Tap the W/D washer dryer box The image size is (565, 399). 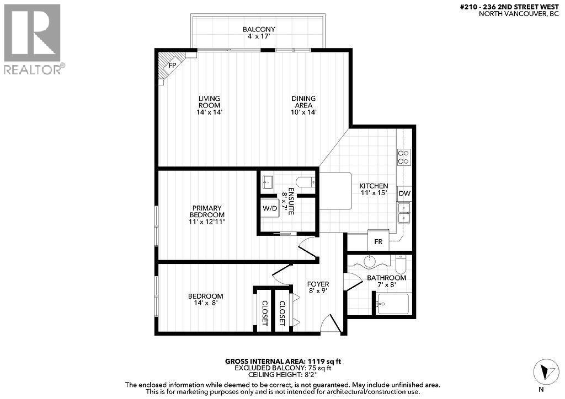pos(270,209)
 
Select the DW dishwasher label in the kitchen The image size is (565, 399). pos(404,193)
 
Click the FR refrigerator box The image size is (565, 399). pos(379,241)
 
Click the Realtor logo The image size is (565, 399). pos(33,39)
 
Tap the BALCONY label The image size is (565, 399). pos(259,30)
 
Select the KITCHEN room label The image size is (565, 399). pos(374,186)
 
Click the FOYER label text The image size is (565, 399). pos(318,284)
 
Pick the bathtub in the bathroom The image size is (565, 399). pos(393,304)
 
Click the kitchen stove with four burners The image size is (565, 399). pos(404,158)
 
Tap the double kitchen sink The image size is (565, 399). pos(404,213)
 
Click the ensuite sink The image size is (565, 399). pos(269,181)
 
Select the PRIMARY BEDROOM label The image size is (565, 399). pos(207,211)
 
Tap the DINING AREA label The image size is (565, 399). pos(303,102)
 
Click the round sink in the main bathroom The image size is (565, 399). pos(368,261)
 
